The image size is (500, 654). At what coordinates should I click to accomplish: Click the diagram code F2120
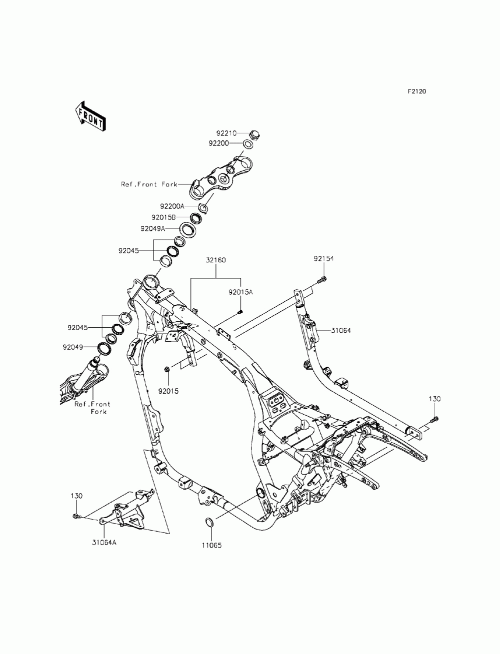(417, 91)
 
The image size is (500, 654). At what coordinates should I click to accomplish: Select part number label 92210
(226, 133)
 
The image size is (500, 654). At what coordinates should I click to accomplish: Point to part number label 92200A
(172, 206)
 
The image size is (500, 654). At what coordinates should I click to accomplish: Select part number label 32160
(215, 260)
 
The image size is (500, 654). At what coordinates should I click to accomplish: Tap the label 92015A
(240, 292)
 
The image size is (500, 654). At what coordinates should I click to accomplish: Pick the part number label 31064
(341, 330)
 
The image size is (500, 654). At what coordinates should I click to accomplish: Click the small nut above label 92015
(166, 369)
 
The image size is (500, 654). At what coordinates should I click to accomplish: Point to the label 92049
(72, 347)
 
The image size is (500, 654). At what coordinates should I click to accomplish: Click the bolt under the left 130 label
(76, 516)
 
